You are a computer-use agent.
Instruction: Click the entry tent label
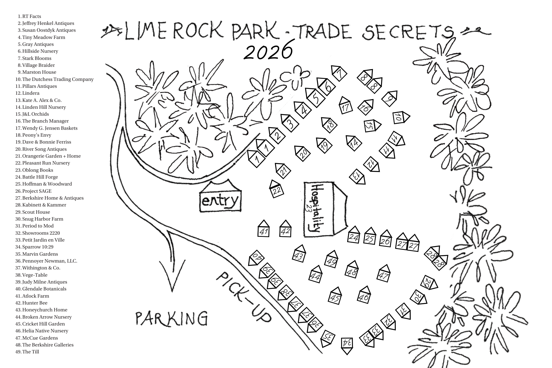(x=220, y=201)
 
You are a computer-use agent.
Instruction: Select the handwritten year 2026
(x=268, y=51)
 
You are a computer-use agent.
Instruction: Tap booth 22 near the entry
(x=277, y=190)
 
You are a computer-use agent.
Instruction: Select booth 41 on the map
(x=264, y=231)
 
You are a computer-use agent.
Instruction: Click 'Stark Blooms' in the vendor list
(x=36, y=58)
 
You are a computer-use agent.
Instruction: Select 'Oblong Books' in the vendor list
(x=38, y=170)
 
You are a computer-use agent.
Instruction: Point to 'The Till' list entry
(x=30, y=352)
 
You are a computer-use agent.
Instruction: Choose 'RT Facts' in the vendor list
(x=31, y=16)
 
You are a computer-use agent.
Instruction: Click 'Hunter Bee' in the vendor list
(x=34, y=303)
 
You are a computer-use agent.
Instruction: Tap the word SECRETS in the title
(x=407, y=33)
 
